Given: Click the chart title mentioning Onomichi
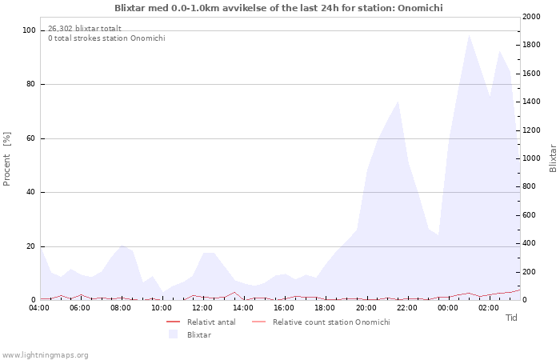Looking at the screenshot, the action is tap(278, 8).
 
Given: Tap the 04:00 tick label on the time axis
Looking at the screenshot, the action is tap(39, 308).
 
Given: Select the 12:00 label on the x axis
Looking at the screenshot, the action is tap(202, 308).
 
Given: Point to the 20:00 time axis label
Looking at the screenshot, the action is tap(366, 308).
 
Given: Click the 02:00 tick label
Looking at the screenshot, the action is tap(489, 308).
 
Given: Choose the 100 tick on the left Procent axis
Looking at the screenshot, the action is tap(29, 30).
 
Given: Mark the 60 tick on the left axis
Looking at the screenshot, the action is tap(30, 138).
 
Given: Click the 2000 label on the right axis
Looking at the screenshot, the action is tap(531, 17).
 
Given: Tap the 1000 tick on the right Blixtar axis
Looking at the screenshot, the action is tap(531, 158).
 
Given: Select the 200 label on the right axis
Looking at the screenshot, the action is tap(530, 272).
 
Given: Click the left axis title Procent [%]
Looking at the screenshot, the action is tap(6, 159).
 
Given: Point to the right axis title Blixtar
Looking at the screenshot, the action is tap(553, 158).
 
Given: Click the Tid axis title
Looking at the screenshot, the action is tap(511, 318).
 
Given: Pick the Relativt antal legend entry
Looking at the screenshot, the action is tap(201, 322).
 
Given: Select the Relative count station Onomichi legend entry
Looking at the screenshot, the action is tap(321, 322).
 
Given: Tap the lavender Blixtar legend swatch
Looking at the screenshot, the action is tap(174, 334).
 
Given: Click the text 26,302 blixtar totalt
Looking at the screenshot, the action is tap(85, 29).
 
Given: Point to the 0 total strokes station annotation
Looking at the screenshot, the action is tap(106, 38).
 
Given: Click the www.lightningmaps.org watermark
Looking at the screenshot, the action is tap(44, 355).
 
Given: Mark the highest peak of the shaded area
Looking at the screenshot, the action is tap(469, 35).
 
